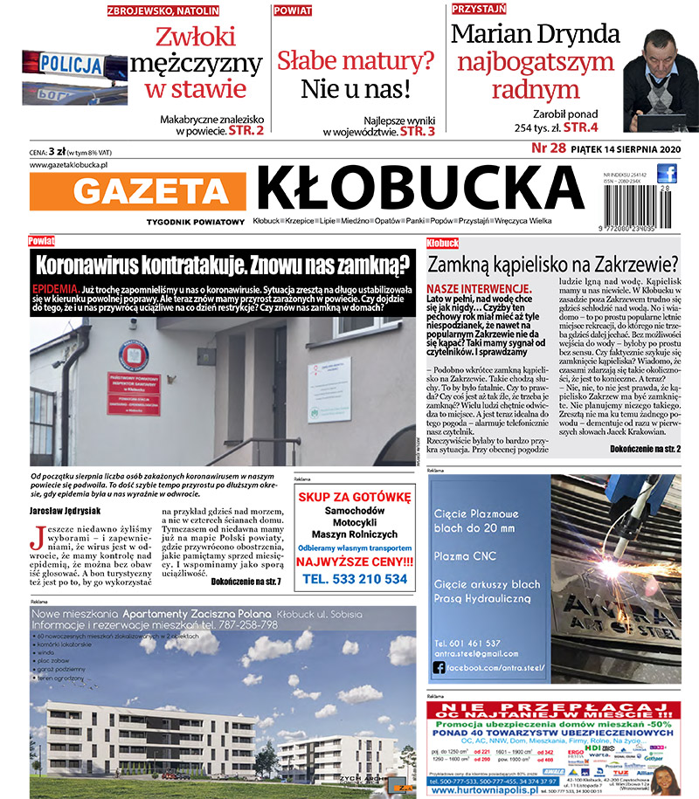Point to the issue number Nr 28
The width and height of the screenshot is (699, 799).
point(548,148)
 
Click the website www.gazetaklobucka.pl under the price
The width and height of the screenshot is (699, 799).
point(68,164)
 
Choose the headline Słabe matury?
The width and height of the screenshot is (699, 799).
point(356,59)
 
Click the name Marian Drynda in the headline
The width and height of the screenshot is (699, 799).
point(536,34)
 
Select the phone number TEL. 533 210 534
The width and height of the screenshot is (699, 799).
point(355,579)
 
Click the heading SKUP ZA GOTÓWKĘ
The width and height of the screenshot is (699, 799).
point(354,497)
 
